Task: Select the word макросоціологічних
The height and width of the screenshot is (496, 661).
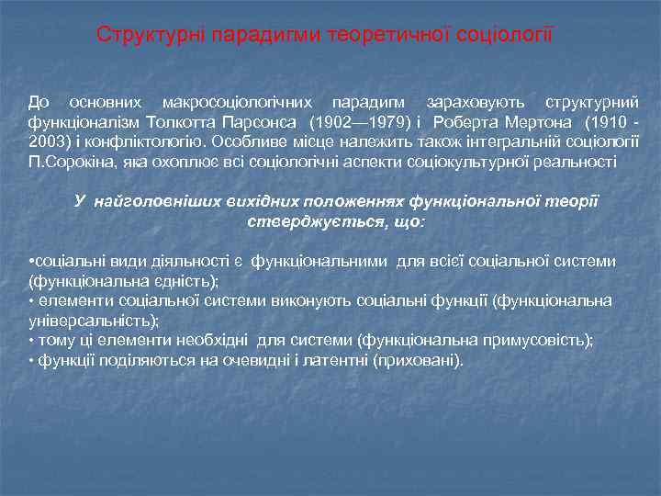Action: tap(236, 103)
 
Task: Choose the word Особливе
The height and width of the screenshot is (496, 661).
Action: tap(247, 141)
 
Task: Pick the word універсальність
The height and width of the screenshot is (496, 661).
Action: tap(93, 320)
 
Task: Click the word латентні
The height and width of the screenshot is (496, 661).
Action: tap(336, 360)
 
